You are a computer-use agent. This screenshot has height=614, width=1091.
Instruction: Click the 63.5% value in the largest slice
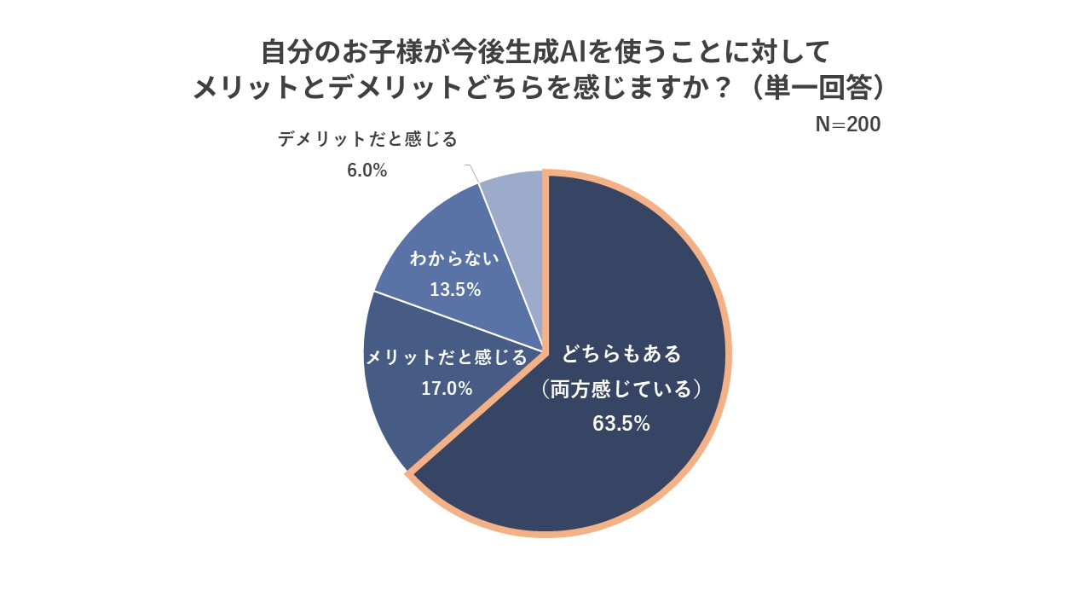(621, 423)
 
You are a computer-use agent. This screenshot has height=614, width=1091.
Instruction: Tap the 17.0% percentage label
(447, 389)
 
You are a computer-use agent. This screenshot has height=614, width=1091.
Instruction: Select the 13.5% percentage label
(455, 290)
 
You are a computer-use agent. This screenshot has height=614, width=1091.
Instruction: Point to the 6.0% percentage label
(367, 171)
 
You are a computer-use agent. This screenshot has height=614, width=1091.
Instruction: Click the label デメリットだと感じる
(367, 139)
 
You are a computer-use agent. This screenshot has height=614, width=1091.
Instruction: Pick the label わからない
(453, 259)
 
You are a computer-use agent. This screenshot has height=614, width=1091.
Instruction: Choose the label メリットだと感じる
(447, 358)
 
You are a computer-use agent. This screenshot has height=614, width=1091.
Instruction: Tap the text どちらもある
(622, 353)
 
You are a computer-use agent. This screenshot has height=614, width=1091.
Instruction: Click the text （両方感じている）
(621, 390)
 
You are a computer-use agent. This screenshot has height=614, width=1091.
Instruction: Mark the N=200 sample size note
(848, 125)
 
